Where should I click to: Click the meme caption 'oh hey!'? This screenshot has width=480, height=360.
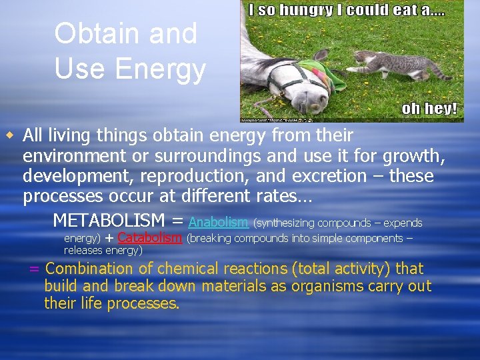tap(429, 109)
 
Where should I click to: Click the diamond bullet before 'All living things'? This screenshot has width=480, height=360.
tap(10, 136)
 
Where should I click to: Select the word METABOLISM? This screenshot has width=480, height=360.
tap(109, 220)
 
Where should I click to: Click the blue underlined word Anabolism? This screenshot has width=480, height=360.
tap(219, 222)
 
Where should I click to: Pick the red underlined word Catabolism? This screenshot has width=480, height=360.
tap(149, 238)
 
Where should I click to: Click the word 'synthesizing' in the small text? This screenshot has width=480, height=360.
tap(287, 223)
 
